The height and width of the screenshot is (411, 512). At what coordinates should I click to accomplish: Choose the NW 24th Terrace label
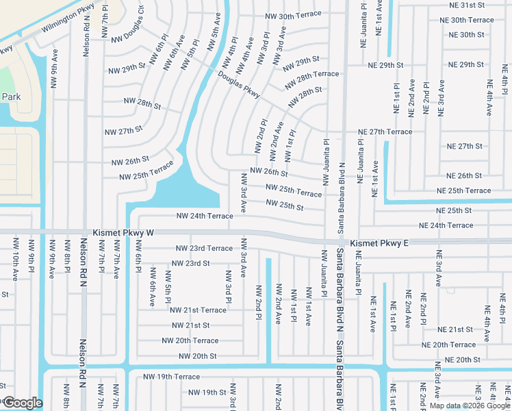[205, 215]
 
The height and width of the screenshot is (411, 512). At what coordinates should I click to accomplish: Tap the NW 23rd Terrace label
[204, 248]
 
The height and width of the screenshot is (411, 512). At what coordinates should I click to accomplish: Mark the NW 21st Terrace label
[198, 310]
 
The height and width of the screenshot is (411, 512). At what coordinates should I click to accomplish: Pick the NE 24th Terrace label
[446, 225]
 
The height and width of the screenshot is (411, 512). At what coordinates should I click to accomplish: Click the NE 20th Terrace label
[448, 345]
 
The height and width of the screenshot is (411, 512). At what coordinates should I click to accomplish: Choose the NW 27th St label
[123, 129]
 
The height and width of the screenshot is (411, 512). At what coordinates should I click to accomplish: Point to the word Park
[10, 97]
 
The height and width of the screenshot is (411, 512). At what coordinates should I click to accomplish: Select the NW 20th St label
[197, 356]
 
